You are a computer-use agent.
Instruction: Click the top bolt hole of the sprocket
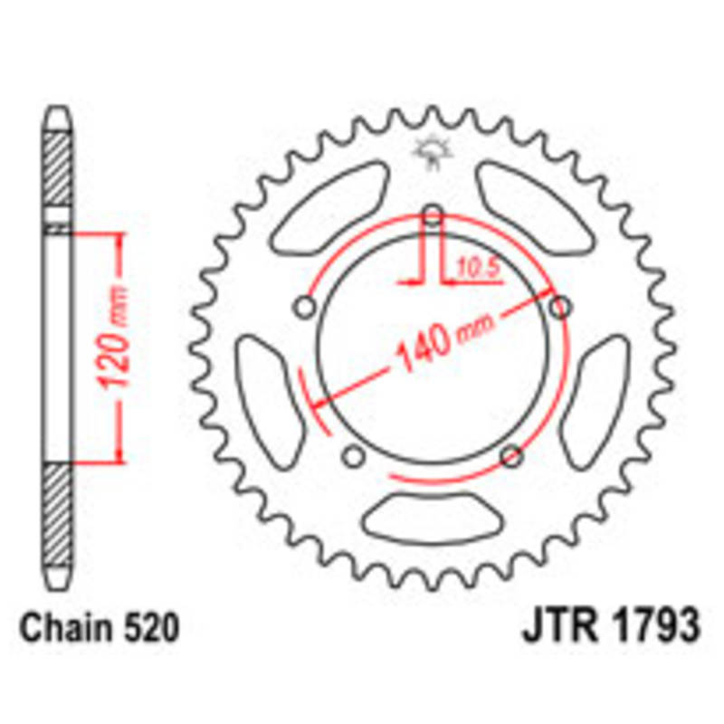coord(433,215)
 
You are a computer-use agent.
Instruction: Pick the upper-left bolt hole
coord(306,309)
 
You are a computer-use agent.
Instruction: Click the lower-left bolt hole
coord(355,455)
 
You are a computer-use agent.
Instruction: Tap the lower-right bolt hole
coord(511,455)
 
